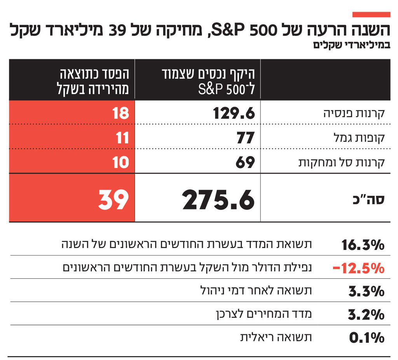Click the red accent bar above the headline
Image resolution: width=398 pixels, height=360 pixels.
point(371,14)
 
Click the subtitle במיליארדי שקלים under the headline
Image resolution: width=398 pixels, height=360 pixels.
point(349,45)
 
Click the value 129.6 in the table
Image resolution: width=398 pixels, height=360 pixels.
point(234,114)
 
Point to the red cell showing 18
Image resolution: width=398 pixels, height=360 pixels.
point(120,114)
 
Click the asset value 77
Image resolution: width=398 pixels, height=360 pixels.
point(245,138)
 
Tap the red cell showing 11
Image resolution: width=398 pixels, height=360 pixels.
point(121,138)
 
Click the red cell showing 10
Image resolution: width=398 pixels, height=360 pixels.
point(120,162)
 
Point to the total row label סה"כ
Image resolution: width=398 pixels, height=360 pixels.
point(371,198)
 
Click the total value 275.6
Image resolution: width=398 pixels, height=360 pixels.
point(218,200)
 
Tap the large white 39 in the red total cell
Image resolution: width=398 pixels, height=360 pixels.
point(113,200)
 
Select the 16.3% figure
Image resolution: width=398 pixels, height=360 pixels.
point(363,245)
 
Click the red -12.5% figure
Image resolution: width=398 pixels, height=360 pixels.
point(358,268)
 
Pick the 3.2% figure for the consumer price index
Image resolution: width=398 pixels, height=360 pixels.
point(366,314)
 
